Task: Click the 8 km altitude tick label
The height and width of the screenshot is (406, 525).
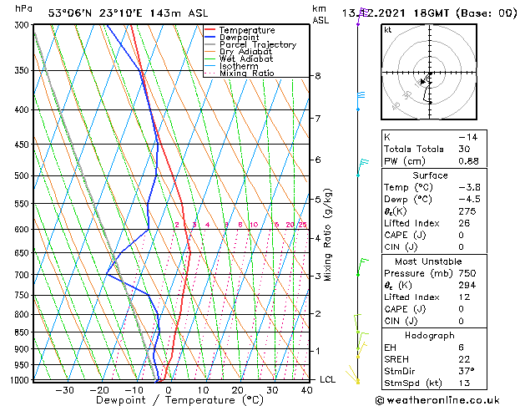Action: (318, 76)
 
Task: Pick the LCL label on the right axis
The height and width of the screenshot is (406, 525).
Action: (329, 379)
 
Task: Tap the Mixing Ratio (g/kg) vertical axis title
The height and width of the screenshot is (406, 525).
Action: (329, 235)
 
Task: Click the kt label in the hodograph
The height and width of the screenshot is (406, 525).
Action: (387, 29)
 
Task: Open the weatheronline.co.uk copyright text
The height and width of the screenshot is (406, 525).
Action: (448, 400)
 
